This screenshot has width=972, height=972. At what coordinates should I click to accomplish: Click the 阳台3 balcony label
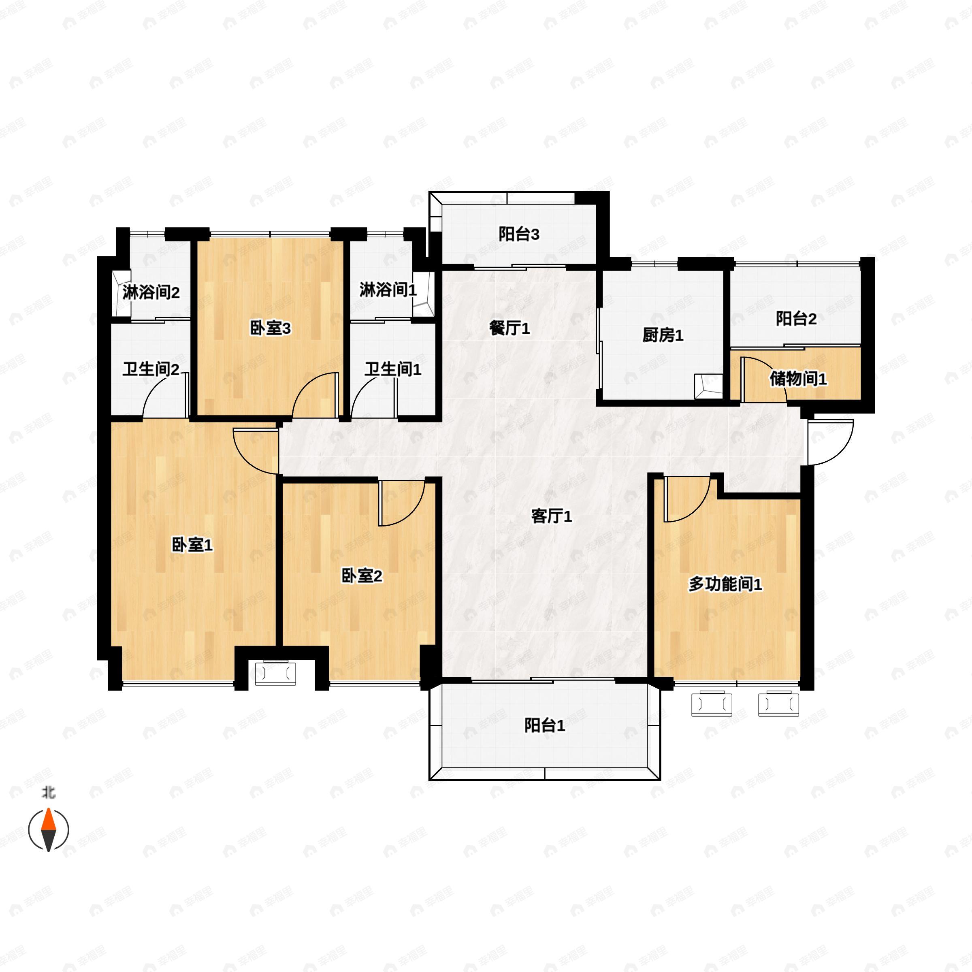[519, 234]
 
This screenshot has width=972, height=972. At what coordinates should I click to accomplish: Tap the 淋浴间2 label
[151, 293]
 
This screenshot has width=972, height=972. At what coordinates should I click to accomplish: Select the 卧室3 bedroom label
[270, 328]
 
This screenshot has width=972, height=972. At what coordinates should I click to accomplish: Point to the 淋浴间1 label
[388, 290]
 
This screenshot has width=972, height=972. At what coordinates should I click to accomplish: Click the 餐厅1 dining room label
[509, 328]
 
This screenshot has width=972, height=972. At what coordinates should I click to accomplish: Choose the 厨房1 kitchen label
[663, 335]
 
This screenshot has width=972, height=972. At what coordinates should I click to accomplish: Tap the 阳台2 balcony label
[796, 318]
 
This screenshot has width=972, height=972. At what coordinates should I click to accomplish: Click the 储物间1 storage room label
[798, 379]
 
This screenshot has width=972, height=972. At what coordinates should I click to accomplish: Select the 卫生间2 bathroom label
[151, 370]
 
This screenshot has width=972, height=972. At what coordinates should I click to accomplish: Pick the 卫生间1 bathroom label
[393, 370]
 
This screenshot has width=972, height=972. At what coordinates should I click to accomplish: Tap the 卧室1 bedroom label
[192, 544]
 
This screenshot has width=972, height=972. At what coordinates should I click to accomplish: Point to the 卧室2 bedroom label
[362, 576]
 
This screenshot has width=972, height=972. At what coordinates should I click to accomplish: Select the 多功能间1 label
[725, 584]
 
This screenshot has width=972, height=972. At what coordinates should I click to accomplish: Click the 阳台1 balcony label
[544, 725]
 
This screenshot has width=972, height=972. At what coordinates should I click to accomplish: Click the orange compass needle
[48, 821]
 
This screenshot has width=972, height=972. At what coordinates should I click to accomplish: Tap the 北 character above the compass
[48, 793]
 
